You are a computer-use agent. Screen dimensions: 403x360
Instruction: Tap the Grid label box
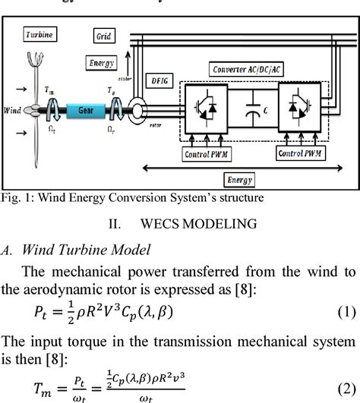tap(104, 36)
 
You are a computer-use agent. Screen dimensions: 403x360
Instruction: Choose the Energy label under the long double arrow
tap(241, 181)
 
